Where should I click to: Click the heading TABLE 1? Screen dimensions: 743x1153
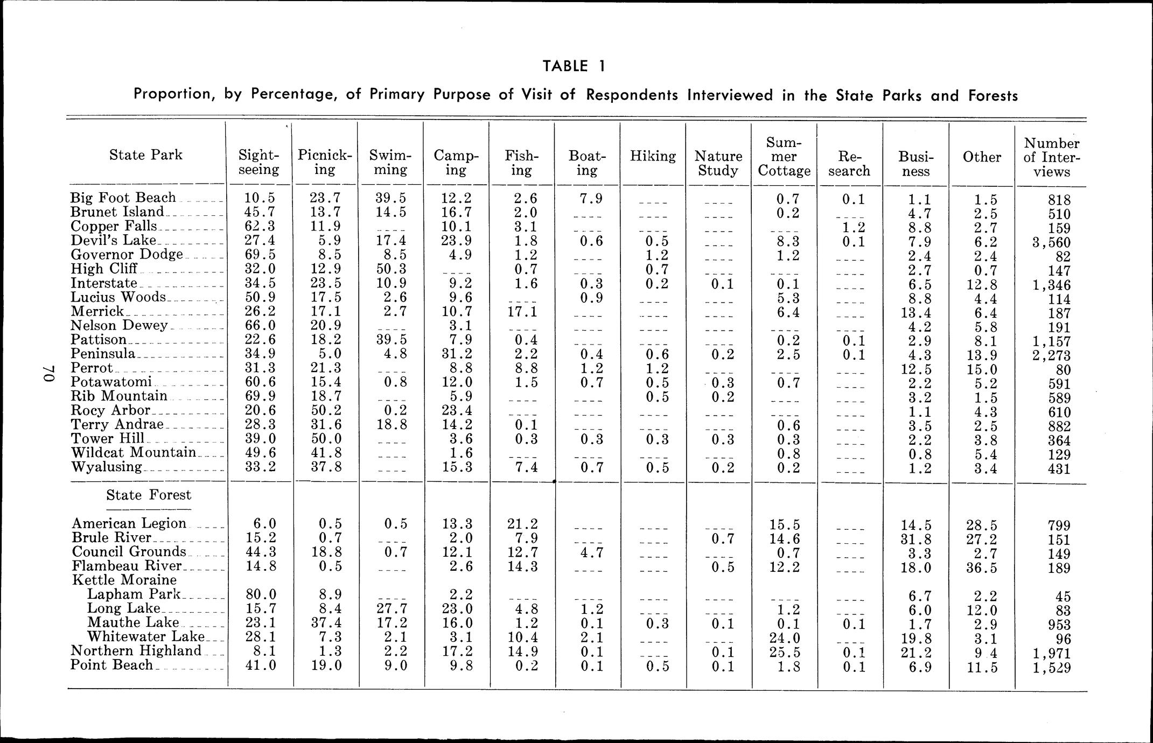point(574,66)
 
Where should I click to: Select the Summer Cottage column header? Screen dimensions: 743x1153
point(784,157)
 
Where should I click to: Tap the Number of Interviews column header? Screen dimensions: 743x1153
point(1051,157)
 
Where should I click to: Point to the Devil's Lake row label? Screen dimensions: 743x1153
point(114,240)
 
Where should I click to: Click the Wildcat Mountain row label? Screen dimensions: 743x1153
point(134,452)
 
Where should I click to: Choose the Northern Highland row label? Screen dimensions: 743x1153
point(136,651)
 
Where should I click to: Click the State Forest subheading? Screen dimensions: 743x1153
point(149,495)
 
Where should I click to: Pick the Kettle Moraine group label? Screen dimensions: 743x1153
point(124,580)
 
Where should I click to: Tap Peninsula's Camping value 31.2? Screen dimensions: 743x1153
point(456,354)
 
